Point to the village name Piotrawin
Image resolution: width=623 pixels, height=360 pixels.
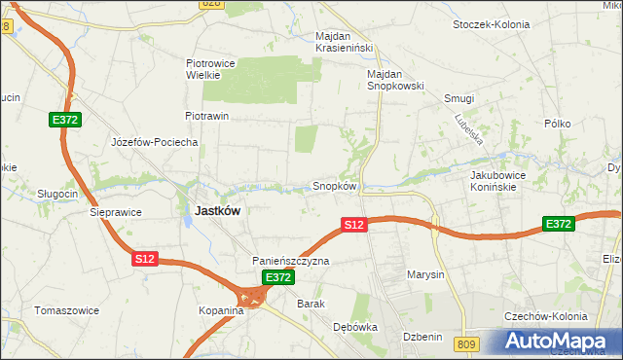click(206, 116)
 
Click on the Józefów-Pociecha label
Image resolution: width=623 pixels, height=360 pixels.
click(155, 142)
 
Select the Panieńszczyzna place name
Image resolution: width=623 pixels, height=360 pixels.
click(291, 261)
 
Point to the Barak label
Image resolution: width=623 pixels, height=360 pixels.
click(311, 304)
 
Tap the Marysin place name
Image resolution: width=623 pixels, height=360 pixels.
click(425, 274)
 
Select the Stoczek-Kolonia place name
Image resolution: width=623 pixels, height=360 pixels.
click(492, 23)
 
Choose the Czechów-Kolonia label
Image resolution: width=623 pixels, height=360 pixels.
click(545, 317)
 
